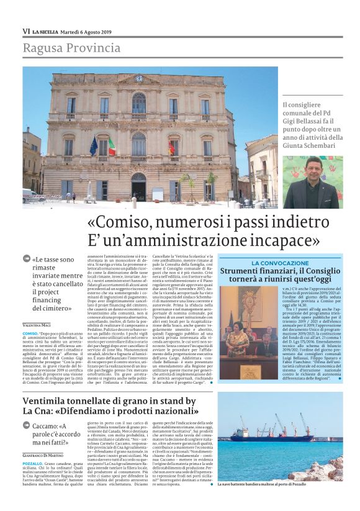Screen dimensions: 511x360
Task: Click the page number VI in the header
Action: click(26, 31)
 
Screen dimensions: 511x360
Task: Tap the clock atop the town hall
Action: click(138, 79)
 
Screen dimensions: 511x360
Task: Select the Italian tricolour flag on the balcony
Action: click(112, 147)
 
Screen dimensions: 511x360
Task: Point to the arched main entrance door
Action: click(138, 187)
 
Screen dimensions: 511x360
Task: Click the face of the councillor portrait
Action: click(311, 168)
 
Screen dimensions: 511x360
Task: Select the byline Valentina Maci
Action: click(38, 325)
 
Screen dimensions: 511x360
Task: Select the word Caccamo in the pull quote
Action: click(57, 427)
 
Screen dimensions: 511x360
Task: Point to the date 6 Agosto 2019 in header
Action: click(90, 31)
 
